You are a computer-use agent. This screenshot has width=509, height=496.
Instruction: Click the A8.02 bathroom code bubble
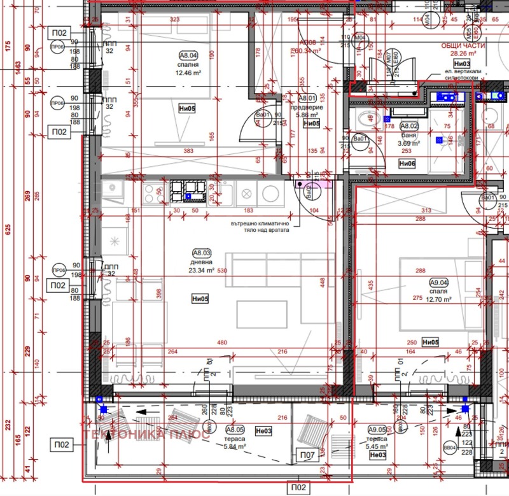408,126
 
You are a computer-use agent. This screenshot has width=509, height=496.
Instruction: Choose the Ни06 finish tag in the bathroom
407,163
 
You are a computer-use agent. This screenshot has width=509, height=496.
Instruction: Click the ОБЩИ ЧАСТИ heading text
463,46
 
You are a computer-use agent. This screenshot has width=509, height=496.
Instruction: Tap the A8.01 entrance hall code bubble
308,98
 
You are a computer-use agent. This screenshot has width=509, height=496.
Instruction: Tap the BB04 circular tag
450,448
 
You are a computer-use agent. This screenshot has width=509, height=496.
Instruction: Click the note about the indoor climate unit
261,227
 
